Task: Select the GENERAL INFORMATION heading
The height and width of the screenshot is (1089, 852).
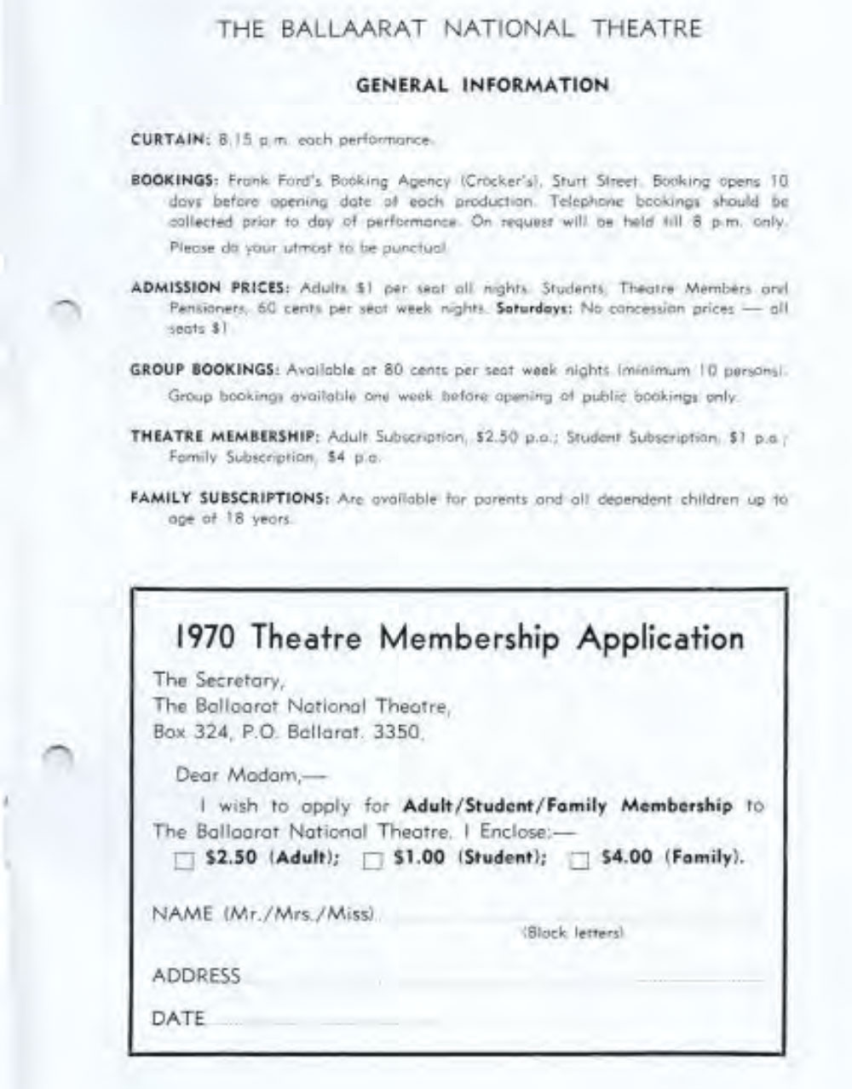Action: (x=481, y=85)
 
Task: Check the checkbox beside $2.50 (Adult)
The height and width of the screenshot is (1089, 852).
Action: (x=183, y=861)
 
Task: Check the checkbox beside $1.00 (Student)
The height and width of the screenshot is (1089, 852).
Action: (x=371, y=861)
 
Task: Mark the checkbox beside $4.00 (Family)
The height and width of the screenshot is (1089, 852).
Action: (x=579, y=861)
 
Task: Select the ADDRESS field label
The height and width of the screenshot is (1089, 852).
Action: (x=196, y=976)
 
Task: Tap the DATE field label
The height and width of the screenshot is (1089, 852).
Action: (x=178, y=1018)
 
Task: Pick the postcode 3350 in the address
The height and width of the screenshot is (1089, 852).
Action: (x=400, y=731)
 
